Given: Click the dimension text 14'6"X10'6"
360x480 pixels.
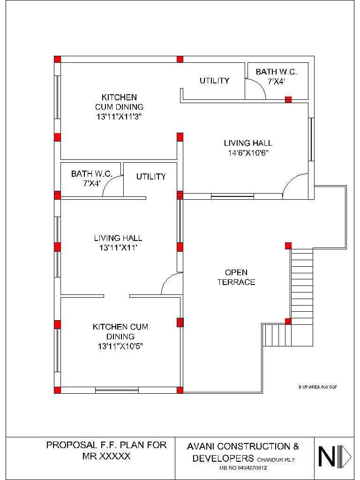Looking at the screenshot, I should (247, 153).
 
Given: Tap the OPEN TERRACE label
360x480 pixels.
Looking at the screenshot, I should (236, 277).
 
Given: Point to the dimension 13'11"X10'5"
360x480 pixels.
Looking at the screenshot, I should (120, 346).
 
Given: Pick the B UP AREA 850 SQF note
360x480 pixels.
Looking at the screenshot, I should (317, 387).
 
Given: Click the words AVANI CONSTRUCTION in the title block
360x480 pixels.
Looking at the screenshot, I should (242, 446).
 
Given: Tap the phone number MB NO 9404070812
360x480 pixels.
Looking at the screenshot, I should (242, 468).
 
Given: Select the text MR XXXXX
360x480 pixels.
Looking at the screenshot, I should (106, 456).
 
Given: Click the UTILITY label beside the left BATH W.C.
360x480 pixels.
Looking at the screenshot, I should (151, 177).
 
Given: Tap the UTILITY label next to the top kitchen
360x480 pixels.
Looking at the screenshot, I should (214, 81).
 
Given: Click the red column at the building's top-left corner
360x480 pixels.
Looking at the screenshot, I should (57, 59).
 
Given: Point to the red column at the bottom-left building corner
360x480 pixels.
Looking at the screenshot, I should (57, 390).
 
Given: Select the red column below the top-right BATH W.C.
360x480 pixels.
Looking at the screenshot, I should (288, 99).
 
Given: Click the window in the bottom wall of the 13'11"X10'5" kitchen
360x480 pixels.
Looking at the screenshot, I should (117, 390).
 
